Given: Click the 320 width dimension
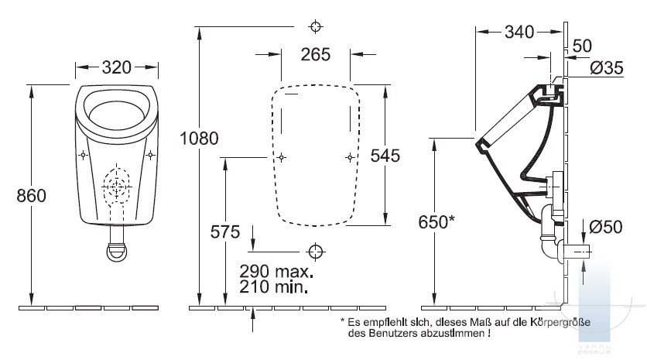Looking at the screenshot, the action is pos(117,67).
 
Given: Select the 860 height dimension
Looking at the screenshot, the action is pos(32,196).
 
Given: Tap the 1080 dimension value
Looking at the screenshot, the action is pos(200,139).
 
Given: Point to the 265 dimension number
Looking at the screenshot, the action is pos(316,54).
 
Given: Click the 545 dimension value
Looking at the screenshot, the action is pos(385,156).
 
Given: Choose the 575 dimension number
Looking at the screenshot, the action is pos(225,232).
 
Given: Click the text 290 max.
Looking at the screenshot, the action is pos(276,271).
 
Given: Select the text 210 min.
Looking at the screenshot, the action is pos(273,286).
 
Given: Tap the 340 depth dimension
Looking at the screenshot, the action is pos(519,32).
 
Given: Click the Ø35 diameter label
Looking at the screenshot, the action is pos(607,67).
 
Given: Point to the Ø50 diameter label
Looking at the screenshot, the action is pos(606,227).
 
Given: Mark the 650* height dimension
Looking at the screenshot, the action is pos(436,222).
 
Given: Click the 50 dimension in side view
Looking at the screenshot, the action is pos(582,46).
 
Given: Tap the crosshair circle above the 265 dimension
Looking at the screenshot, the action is pos(316,27).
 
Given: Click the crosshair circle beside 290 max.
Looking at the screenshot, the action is pos(316,252).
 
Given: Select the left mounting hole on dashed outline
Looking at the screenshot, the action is pos(282,157).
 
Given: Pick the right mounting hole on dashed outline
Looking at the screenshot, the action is pos(350,157).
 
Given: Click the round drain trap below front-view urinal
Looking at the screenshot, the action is pos(117,252).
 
